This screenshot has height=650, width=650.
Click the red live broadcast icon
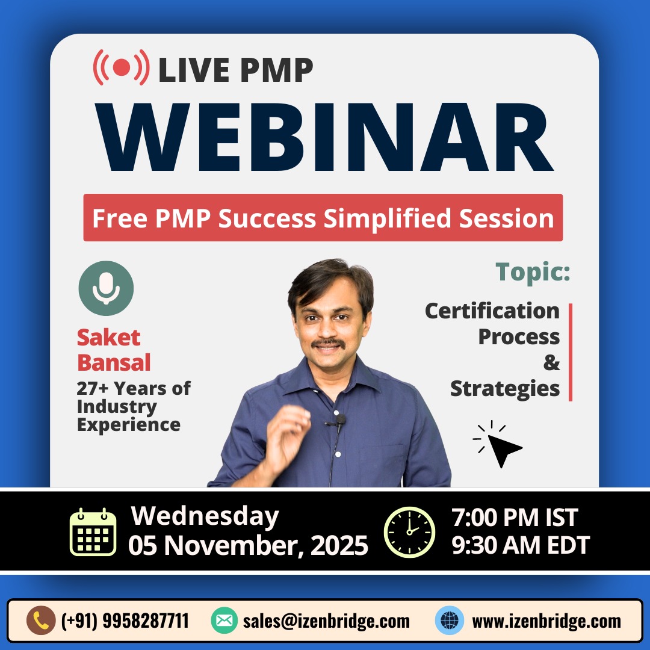tap(121, 67)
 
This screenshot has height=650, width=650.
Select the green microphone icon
tap(106, 288)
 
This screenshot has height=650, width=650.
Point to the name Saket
tap(108, 337)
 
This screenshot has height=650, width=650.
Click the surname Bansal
tap(114, 363)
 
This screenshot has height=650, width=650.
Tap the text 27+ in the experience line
tap(94, 388)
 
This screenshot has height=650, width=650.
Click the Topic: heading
tap(533, 271)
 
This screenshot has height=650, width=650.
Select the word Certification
tap(492, 311)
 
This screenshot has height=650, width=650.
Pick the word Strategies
tap(504, 388)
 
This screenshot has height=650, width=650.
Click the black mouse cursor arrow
tap(502, 448)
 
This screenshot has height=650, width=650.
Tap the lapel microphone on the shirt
tap(340, 420)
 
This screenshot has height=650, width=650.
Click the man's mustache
tap(329, 344)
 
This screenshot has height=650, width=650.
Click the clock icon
tap(409, 532)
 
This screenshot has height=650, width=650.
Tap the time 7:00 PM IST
tap(515, 518)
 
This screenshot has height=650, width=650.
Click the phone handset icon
tap(41, 621)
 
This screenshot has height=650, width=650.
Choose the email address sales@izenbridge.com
tap(326, 621)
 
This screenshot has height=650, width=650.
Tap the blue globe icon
tap(449, 621)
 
